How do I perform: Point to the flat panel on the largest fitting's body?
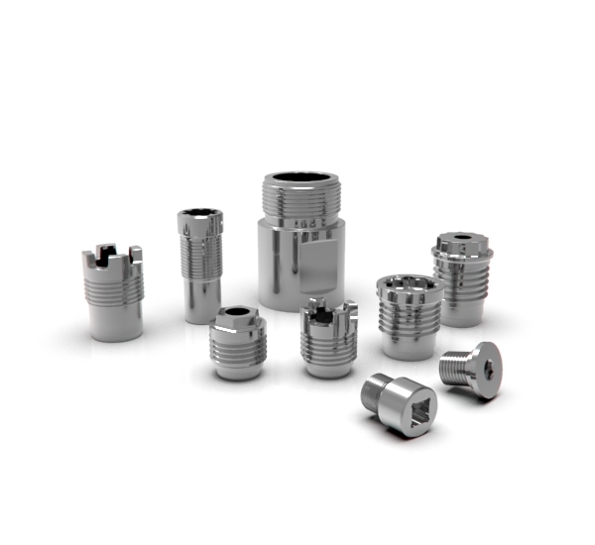click(x=323, y=264)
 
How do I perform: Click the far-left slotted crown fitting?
click(x=112, y=291)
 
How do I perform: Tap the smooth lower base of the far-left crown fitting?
click(x=115, y=322)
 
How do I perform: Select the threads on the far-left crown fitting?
click(x=114, y=286)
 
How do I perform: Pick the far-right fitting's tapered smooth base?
click(x=461, y=309)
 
